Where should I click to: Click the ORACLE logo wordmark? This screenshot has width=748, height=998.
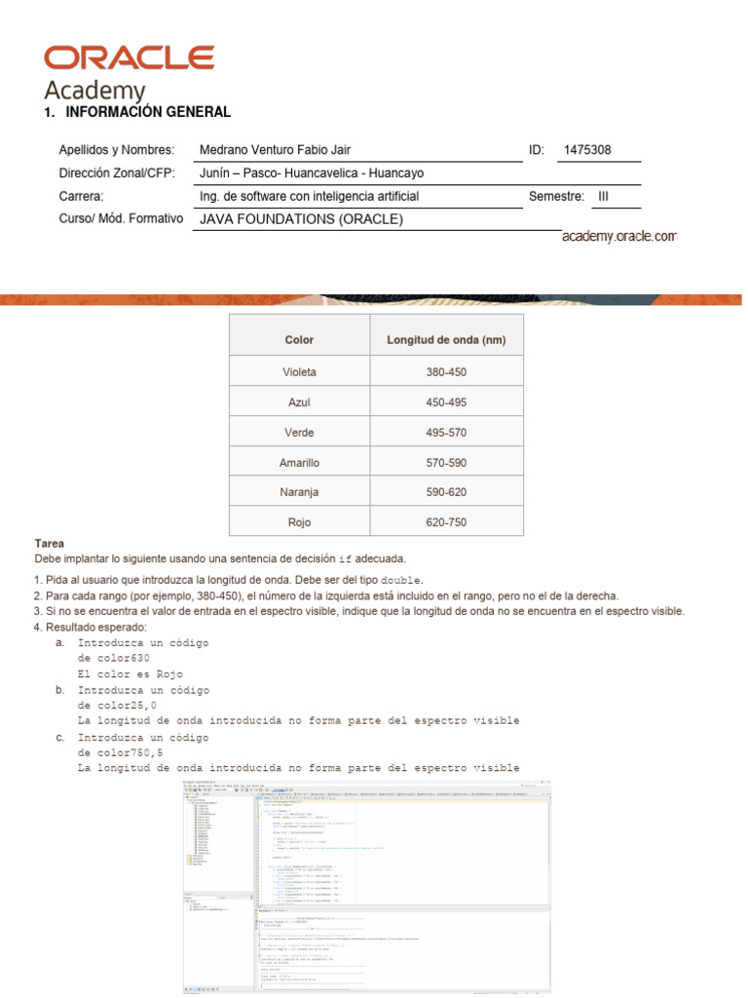click(x=129, y=58)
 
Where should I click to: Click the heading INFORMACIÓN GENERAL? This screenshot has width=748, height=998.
click(x=147, y=112)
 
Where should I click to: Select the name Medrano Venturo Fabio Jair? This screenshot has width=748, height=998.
click(x=275, y=150)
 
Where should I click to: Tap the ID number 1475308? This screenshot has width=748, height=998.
click(x=587, y=150)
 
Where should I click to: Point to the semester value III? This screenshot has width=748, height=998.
click(x=603, y=196)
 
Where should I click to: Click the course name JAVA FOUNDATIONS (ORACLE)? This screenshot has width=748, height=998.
click(x=301, y=219)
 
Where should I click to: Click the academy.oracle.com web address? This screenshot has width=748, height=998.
click(x=618, y=237)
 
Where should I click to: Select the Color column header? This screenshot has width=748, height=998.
click(x=299, y=340)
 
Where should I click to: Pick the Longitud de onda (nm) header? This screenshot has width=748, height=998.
click(x=446, y=340)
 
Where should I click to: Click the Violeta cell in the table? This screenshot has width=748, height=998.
click(x=299, y=372)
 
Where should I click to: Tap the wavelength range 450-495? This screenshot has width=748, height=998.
click(x=446, y=403)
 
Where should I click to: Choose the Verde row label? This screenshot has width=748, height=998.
click(x=299, y=433)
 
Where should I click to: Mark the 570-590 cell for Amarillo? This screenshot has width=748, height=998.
click(x=446, y=463)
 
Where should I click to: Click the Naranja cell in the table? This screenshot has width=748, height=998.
click(x=299, y=492)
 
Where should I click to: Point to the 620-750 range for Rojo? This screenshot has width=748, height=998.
click(x=446, y=522)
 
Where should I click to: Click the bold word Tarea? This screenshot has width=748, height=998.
click(x=49, y=543)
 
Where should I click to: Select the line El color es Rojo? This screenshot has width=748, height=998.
click(x=130, y=674)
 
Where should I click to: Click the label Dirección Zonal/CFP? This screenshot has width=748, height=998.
click(x=116, y=173)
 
